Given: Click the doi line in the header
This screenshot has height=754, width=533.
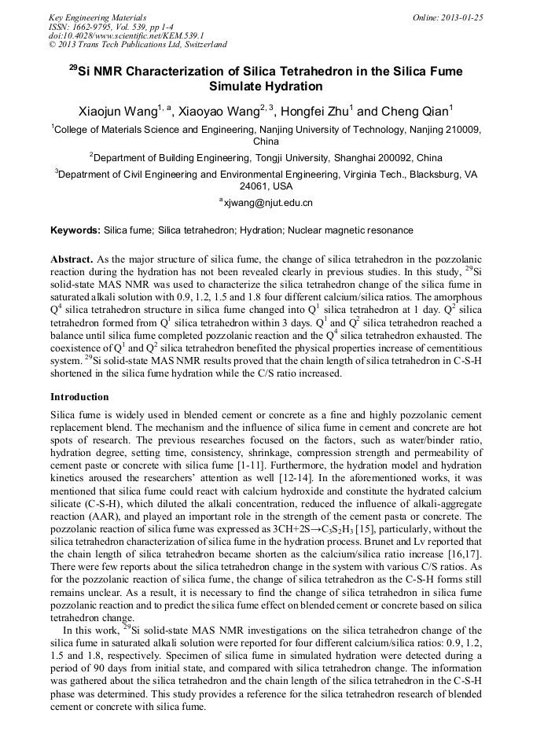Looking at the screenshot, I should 127,35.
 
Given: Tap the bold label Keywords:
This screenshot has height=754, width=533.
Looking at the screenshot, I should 75,230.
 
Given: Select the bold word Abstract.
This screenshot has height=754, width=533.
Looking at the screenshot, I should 72,259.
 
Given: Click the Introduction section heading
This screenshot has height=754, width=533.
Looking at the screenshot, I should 79,396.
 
